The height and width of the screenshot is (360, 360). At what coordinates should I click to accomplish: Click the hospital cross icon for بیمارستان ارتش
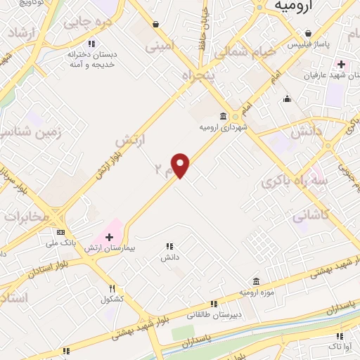[x=109, y=236]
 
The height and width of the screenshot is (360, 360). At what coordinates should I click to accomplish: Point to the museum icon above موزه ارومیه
[x=256, y=281]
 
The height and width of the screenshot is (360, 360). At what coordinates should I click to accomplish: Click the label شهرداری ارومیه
[x=223, y=127]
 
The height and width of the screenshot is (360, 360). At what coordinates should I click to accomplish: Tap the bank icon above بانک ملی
[x=60, y=232]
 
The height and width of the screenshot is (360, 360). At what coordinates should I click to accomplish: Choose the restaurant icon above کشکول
[x=112, y=288]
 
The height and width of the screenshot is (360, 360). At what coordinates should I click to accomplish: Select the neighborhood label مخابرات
[x=27, y=216]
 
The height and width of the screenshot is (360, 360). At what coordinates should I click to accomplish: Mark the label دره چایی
[x=87, y=22]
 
